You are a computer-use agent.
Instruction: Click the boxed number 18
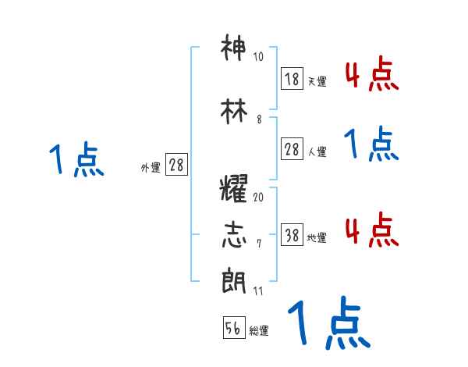(292, 78)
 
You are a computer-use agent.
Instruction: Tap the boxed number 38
(292, 236)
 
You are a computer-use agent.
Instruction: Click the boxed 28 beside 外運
(176, 165)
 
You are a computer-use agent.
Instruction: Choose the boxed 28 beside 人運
(292, 150)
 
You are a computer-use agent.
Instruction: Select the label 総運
(259, 331)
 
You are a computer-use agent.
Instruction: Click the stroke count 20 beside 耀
(258, 197)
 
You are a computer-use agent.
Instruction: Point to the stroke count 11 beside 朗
(258, 290)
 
